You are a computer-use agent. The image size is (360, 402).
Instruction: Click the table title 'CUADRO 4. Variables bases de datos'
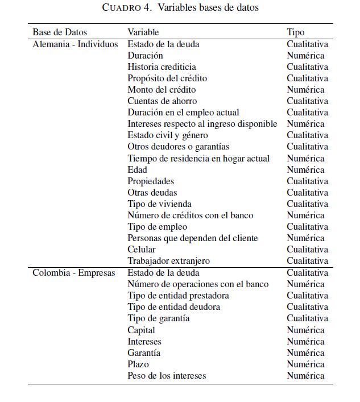tap(180, 8)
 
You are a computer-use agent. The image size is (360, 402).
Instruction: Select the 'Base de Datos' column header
tap(60, 32)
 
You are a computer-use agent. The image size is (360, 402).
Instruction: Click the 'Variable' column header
tap(143, 32)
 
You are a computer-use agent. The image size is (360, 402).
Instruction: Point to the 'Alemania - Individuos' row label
tap(75, 44)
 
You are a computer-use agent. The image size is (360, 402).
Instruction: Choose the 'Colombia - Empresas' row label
tap(73, 273)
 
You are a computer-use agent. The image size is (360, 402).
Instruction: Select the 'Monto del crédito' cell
tap(162, 89)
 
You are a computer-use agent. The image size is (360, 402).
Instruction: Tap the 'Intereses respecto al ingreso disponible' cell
tap(202, 124)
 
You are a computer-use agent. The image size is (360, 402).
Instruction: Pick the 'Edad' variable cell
tap(137, 169)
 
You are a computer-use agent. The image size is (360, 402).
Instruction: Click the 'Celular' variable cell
tap(142, 249)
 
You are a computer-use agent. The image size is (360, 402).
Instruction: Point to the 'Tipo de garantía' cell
tap(159, 318)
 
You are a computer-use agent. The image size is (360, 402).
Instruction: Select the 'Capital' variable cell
tap(141, 330)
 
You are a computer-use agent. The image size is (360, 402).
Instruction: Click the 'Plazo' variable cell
tap(138, 364)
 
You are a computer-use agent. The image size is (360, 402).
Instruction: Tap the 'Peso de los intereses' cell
tap(167, 375)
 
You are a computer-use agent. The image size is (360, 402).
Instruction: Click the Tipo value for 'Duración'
tap(305, 55)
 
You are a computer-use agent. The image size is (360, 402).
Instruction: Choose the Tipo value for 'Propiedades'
tap(307, 181)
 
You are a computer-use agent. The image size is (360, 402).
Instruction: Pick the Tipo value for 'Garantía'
tap(305, 353)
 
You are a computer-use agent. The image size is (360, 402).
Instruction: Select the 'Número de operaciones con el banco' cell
tap(198, 284)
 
